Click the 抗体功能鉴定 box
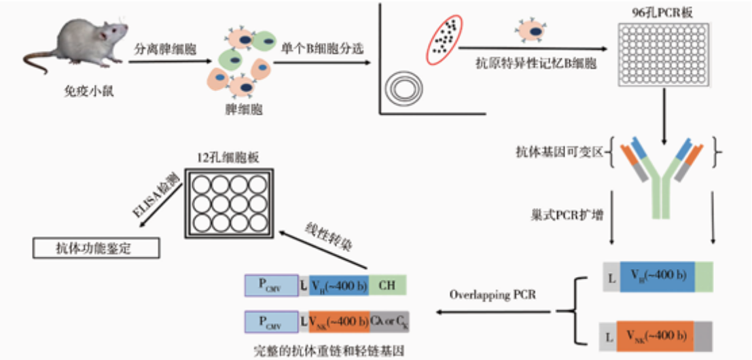click(x=95, y=249)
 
